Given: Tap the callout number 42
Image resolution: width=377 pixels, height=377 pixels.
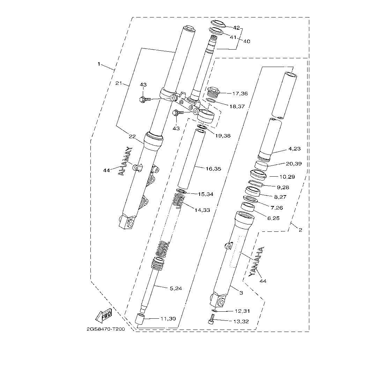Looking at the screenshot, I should pyautogui.click(x=237, y=28).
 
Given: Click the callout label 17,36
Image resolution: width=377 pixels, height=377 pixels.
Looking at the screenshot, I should pyautogui.click(x=240, y=94).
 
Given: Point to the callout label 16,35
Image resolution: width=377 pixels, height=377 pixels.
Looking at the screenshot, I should pyautogui.click(x=213, y=169).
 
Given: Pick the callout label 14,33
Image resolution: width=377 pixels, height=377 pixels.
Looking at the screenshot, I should pyautogui.click(x=202, y=210).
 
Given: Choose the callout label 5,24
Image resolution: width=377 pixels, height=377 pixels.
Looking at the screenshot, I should pyautogui.click(x=176, y=288).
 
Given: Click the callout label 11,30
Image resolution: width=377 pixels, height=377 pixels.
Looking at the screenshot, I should pyautogui.click(x=168, y=318).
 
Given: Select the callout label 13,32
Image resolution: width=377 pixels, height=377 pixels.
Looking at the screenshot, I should pyautogui.click(x=241, y=321).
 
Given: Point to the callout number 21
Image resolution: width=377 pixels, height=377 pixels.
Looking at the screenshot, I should pyautogui.click(x=119, y=83).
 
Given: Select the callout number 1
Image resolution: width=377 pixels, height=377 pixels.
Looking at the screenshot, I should pyautogui.click(x=99, y=64).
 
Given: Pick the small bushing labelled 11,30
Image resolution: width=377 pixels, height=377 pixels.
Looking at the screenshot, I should pyautogui.click(x=140, y=319).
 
